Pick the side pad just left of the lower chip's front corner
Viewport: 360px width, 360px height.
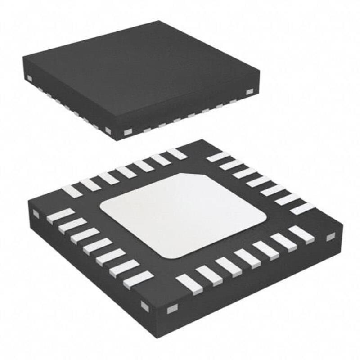(x=145, y=306)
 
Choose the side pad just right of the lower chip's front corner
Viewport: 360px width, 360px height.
(x=171, y=310)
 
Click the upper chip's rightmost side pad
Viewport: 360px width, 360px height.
(x=249, y=92)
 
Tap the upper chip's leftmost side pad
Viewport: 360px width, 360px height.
(x=30, y=79)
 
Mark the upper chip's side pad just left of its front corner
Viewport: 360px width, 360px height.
(x=108, y=130)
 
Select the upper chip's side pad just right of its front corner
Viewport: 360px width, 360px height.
(x=127, y=132)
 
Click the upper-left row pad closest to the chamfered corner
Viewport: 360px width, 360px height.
(x=177, y=153)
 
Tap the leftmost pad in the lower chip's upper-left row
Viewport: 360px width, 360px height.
(x=72, y=191)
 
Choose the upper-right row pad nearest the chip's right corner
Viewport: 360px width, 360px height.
(x=302, y=208)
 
